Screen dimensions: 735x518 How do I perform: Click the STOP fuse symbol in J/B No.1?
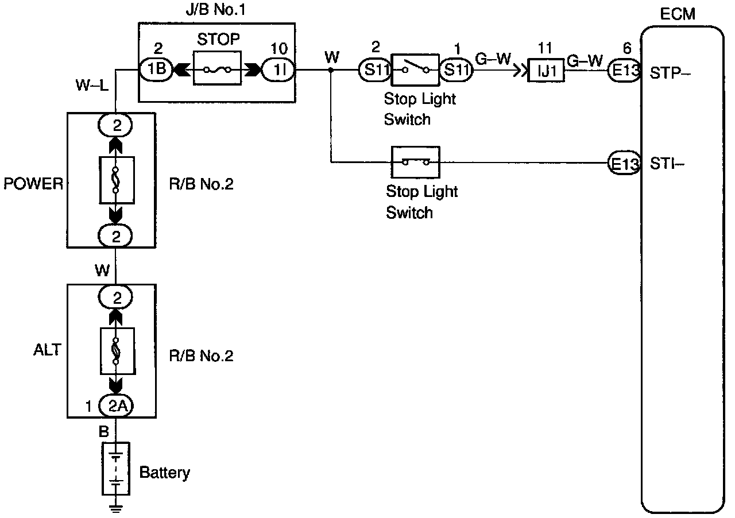(x=217, y=68)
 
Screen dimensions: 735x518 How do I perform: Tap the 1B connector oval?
(x=156, y=69)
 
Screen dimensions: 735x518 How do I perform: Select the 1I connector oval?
(x=278, y=70)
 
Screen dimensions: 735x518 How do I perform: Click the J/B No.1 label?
(x=215, y=10)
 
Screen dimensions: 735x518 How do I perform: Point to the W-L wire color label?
(x=92, y=86)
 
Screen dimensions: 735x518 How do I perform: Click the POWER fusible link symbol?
(x=117, y=180)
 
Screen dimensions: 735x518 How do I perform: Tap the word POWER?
(x=33, y=184)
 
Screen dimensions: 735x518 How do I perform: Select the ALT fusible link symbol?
(x=118, y=351)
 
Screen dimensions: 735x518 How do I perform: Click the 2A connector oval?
(x=116, y=406)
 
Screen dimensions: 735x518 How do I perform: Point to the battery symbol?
(x=116, y=469)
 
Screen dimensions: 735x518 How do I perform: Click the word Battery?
(x=165, y=473)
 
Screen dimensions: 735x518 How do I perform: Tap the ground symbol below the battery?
(x=115, y=508)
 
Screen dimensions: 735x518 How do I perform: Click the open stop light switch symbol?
(x=415, y=69)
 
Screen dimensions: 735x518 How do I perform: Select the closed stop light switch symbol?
(x=415, y=162)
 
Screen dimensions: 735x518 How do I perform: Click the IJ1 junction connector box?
(x=546, y=70)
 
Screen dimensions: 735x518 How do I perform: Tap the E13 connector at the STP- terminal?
(x=624, y=70)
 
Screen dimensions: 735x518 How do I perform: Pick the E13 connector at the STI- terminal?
(x=624, y=163)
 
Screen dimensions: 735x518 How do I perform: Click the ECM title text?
(x=677, y=14)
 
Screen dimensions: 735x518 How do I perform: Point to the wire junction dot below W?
(x=331, y=70)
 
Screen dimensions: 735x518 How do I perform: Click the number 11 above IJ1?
(x=545, y=48)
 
